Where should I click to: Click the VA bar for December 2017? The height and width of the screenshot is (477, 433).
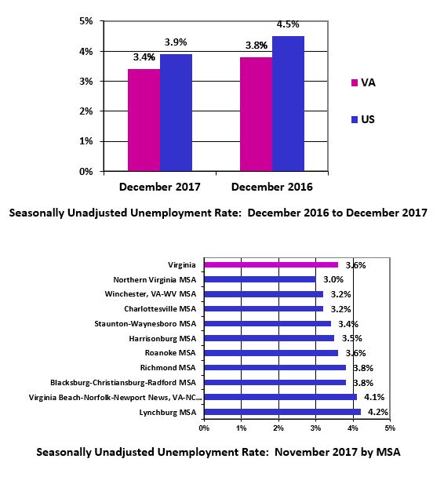[x=144, y=120]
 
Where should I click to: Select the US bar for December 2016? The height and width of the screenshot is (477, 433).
[x=288, y=104]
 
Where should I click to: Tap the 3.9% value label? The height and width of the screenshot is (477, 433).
[x=176, y=42]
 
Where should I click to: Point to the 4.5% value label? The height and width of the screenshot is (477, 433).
[x=288, y=24]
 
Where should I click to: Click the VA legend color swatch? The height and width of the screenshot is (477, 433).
[x=355, y=82]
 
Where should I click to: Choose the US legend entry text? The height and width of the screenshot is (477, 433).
[x=368, y=119]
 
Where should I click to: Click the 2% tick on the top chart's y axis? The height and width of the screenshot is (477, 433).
[x=86, y=111]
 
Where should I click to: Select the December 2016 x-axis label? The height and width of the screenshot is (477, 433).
[x=272, y=187]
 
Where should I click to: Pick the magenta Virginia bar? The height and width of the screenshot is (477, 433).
[x=271, y=265]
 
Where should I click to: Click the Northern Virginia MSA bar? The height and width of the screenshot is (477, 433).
[x=260, y=279]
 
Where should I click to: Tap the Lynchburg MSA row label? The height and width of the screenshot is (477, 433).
[x=168, y=413]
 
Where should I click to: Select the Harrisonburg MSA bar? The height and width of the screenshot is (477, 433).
[x=269, y=338]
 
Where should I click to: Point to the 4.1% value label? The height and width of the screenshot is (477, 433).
[x=374, y=397]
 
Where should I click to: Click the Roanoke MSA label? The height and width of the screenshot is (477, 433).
[x=170, y=353]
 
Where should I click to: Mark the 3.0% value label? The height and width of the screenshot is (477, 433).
[x=333, y=279]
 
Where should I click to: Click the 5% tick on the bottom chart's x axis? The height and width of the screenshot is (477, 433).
[x=390, y=428]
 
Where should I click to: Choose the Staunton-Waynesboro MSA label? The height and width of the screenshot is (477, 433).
[x=145, y=324]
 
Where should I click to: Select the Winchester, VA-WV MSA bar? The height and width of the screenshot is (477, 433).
[x=264, y=294]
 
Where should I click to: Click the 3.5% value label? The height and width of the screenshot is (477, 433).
[x=351, y=338]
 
